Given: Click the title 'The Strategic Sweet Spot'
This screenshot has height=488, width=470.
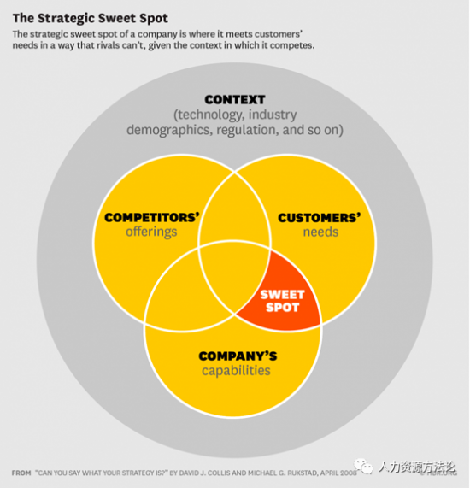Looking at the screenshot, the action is click(91, 18).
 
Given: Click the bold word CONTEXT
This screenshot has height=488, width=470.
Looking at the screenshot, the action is click(235, 100).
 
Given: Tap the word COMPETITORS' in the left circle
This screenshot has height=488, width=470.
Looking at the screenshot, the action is click(152, 217).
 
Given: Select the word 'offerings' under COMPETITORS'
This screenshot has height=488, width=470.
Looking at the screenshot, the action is click(151, 232).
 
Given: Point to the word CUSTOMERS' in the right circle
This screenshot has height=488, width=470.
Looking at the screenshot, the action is click(320, 218).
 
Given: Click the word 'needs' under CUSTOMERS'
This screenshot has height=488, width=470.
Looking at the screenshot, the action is click(320, 232).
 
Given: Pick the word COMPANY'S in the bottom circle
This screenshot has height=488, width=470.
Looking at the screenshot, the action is click(238, 356).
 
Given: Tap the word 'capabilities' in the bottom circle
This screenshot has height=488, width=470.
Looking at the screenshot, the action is click(236, 370).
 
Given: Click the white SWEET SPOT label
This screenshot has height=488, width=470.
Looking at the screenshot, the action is click(282, 301).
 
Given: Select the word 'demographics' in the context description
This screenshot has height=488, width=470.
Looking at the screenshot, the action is click(169, 130).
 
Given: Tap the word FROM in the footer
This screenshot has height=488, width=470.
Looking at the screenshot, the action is click(21, 473).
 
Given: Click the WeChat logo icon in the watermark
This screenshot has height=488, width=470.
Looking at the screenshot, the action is click(363, 467).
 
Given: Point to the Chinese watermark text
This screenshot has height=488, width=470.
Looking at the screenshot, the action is click(417, 467).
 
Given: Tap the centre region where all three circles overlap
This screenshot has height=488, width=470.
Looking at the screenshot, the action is click(234, 277).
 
